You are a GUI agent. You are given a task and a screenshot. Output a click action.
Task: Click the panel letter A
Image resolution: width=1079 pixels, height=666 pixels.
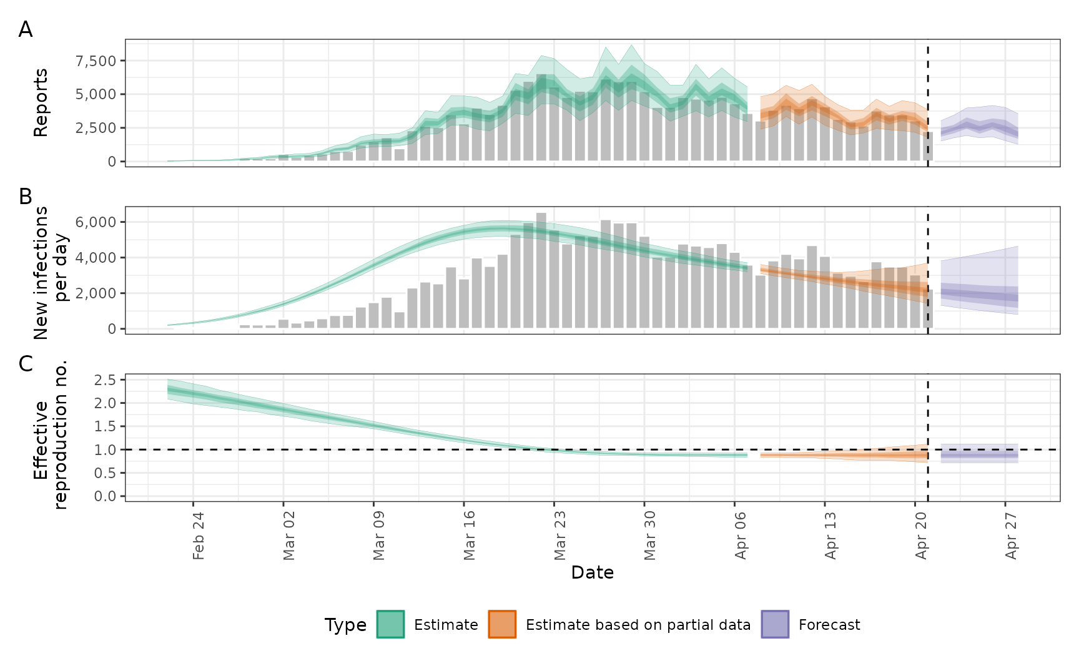click(26, 29)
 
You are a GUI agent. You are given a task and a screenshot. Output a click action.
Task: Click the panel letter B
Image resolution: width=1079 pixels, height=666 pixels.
click(26, 197)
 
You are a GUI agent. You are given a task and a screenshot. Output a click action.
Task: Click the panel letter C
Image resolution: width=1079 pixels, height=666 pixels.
click(26, 364)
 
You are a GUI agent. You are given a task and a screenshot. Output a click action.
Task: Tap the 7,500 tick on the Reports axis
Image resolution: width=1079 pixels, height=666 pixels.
click(96, 61)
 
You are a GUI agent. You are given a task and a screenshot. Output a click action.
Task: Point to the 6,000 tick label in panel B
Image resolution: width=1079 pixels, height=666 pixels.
click(96, 222)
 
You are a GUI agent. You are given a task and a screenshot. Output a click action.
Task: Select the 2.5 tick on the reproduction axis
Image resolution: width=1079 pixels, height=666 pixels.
click(105, 380)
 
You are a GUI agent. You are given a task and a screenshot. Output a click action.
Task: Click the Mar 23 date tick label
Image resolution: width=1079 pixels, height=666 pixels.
click(559, 536)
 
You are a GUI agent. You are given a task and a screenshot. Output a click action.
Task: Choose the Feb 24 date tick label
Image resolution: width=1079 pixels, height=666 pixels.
click(199, 536)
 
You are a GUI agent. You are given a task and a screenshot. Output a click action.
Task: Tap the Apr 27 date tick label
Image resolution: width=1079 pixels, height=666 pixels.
click(1012, 536)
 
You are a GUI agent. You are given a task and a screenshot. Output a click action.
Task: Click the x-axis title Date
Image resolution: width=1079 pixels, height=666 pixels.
click(592, 572)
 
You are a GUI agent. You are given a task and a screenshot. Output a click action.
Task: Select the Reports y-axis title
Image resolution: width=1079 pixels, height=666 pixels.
click(41, 103)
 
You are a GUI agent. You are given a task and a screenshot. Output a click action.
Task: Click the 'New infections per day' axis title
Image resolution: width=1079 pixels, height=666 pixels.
click(50, 273)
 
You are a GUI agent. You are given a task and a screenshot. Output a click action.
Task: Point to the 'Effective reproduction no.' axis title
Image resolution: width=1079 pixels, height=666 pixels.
click(50, 436)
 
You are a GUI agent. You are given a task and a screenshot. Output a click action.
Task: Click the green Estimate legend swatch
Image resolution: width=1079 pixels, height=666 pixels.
click(390, 624)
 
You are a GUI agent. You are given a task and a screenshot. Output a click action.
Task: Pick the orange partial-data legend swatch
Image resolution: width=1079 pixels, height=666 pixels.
click(502, 624)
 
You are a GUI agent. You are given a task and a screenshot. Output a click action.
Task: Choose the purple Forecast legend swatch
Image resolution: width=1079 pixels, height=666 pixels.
click(775, 624)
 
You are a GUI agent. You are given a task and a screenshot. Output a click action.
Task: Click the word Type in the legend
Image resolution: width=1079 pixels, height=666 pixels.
click(345, 625)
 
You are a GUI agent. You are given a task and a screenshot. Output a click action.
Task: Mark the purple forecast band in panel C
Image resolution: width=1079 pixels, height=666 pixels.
click(979, 454)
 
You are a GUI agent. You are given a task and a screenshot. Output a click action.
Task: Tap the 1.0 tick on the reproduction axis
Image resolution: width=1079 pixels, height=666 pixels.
click(105, 450)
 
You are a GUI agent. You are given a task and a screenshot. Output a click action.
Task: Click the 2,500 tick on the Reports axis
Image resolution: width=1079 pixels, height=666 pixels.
click(96, 128)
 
